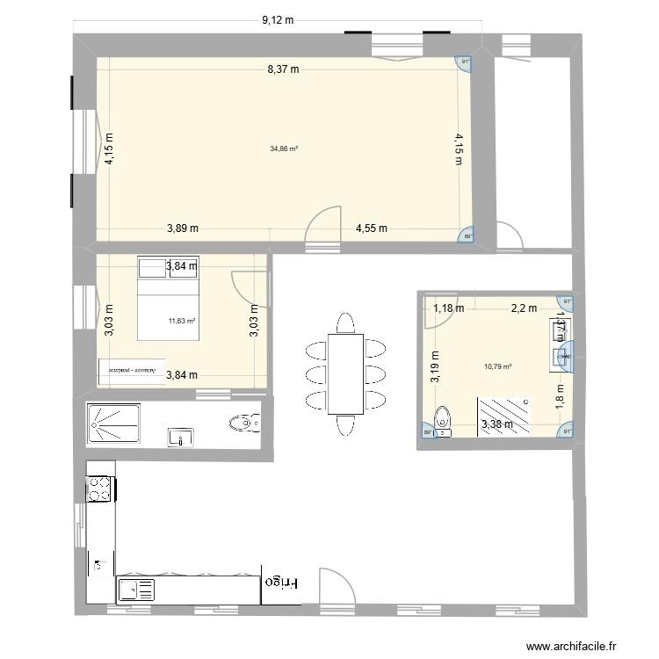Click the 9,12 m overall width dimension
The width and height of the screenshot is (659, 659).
pyautogui.click(x=277, y=18)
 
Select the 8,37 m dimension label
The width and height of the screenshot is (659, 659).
pyautogui.click(x=284, y=69)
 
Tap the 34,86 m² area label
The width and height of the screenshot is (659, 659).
pyautogui.click(x=284, y=148)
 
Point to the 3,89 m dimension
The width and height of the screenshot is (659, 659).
pyautogui.click(x=183, y=228)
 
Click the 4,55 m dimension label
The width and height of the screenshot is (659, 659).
pyautogui.click(x=372, y=228)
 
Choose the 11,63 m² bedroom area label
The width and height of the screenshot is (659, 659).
pyautogui.click(x=182, y=321)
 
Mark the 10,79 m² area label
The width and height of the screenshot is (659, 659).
pyautogui.click(x=497, y=367)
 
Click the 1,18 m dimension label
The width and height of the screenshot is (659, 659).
pyautogui.click(x=448, y=308)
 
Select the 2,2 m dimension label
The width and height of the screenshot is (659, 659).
pyautogui.click(x=525, y=308)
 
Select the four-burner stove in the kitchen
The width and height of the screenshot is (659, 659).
pyautogui.click(x=99, y=489)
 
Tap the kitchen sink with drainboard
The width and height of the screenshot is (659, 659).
pyautogui.click(x=135, y=590)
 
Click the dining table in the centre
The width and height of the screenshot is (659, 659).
pyautogui.click(x=344, y=373)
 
